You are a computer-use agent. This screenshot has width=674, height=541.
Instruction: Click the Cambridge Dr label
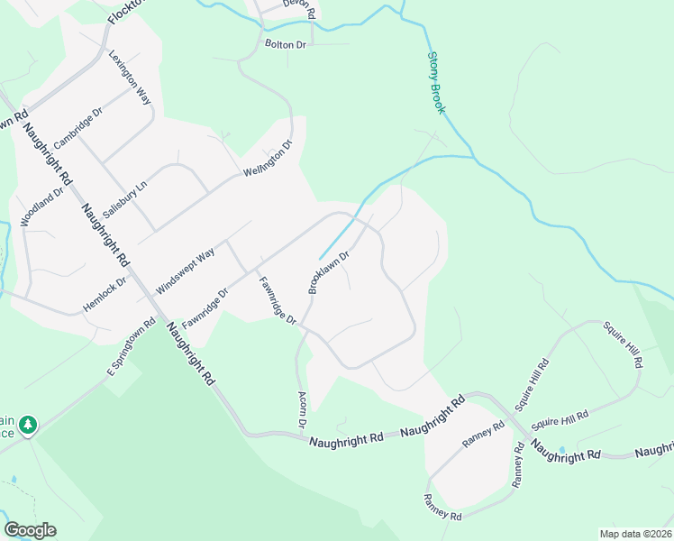point(78,128)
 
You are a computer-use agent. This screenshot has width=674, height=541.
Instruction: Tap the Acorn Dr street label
point(303,410)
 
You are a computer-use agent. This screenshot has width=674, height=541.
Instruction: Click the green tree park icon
point(29,424)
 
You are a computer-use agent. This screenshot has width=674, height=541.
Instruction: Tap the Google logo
point(30,530)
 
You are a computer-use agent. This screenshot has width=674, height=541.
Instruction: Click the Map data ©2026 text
point(635,533)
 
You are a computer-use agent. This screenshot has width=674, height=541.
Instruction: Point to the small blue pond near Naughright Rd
point(563,449)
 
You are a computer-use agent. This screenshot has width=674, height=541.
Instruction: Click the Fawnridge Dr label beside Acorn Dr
point(278,301)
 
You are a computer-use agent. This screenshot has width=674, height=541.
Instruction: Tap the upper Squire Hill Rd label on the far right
point(623,343)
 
